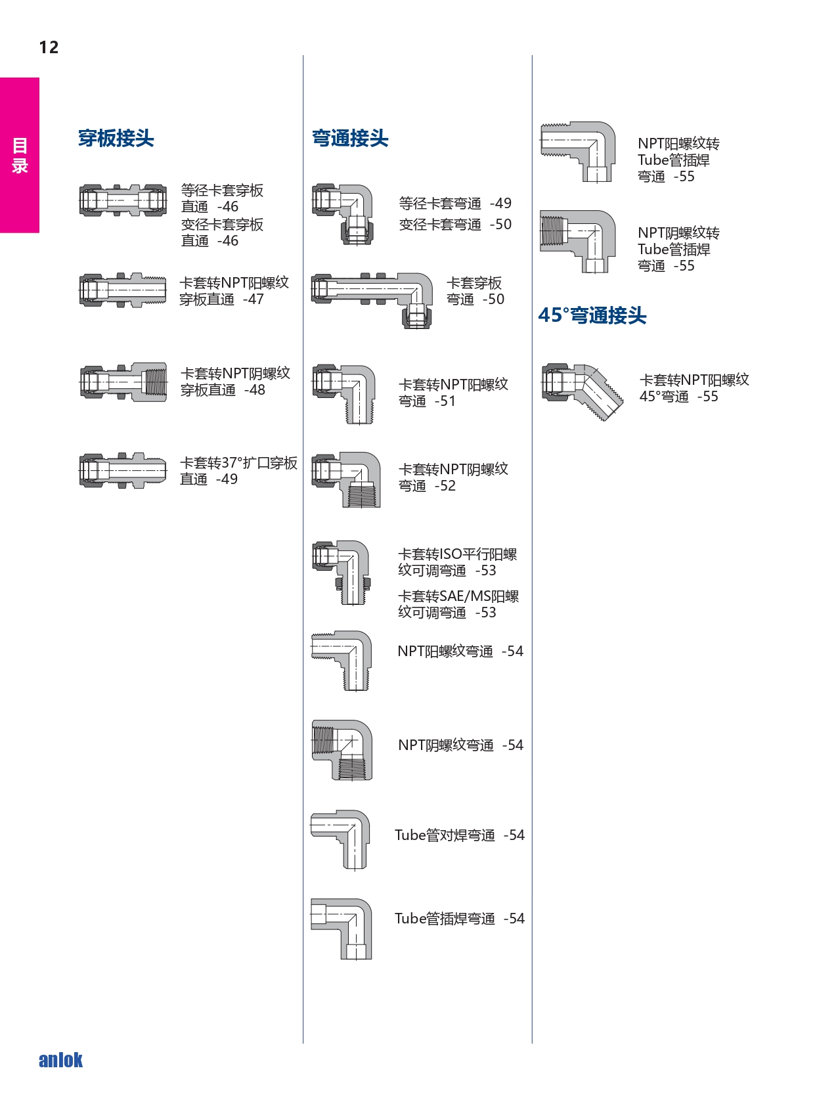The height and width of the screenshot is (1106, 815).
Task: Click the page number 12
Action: (49, 47)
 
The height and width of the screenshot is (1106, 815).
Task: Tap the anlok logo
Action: (60, 1059)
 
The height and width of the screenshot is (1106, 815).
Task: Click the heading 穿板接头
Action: (116, 138)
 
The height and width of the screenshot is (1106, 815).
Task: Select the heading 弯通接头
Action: (350, 138)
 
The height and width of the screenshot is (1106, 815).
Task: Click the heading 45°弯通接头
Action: (592, 315)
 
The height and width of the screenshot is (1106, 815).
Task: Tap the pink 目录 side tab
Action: (20, 155)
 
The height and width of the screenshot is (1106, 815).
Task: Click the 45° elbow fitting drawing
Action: (583, 393)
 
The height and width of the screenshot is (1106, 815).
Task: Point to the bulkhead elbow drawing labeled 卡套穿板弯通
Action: (372, 300)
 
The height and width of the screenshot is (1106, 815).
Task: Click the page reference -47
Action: (253, 299)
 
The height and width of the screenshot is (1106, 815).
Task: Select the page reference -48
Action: (255, 390)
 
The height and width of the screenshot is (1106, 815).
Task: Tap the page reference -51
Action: (445, 401)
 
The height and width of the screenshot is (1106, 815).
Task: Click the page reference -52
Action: (445, 486)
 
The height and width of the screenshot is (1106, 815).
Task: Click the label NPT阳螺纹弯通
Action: (445, 652)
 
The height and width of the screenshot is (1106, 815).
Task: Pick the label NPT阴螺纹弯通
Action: (446, 745)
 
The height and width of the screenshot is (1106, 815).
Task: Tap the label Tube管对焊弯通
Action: (445, 835)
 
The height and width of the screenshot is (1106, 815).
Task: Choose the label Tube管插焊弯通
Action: (445, 918)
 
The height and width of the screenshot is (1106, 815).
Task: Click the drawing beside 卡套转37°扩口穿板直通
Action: (123, 470)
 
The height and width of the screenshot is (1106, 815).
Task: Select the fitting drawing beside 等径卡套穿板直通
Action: (123, 200)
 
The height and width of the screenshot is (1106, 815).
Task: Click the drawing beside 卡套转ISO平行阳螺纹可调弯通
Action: (341, 573)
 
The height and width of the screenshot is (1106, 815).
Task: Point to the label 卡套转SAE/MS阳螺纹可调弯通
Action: (458, 604)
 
